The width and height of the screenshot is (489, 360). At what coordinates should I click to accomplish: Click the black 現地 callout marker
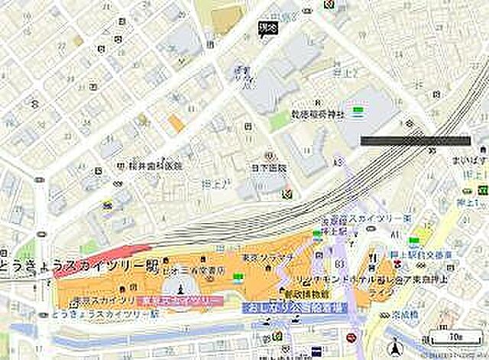[267, 29]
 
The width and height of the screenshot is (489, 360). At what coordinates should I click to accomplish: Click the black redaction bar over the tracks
[415, 140]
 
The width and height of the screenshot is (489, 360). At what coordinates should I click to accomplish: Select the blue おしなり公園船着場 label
[292, 308]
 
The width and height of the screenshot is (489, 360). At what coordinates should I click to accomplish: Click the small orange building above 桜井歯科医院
[176, 122]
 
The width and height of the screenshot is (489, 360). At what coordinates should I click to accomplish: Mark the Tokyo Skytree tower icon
[180, 287]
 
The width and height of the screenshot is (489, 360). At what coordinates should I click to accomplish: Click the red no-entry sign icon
[352, 337]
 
